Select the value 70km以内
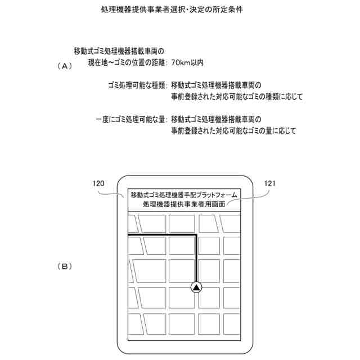click(x=187, y=63)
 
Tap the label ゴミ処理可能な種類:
click(x=137, y=86)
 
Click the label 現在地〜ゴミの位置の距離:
click(x=127, y=63)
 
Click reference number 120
click(x=98, y=183)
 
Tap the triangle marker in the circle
click(x=196, y=287)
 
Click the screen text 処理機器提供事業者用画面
click(x=184, y=204)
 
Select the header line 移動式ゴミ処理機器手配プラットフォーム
click(x=184, y=195)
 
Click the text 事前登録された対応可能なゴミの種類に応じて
click(x=237, y=97)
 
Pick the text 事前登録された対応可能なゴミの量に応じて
click(x=233, y=130)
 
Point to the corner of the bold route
click(x=196, y=235)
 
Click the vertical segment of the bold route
click(x=196, y=259)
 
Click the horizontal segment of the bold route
click(x=163, y=235)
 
